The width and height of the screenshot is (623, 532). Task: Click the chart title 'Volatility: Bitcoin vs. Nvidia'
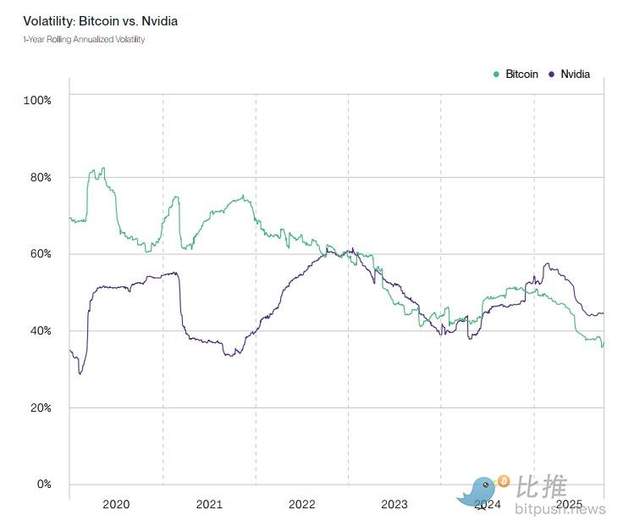(100, 20)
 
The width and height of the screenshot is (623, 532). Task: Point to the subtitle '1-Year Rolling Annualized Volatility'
(84, 40)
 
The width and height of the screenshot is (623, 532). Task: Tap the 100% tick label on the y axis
(37, 100)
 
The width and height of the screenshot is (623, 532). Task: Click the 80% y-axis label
(40, 177)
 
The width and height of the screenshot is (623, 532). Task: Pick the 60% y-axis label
(40, 254)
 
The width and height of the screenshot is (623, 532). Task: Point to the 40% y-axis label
(40, 330)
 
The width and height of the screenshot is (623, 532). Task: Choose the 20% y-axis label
(40, 407)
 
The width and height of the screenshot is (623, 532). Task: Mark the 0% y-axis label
(42, 485)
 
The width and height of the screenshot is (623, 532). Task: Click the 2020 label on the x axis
(116, 505)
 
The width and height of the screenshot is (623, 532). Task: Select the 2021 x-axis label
(209, 505)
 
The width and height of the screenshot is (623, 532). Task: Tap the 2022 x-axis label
(301, 505)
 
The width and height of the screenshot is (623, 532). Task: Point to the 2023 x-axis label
(394, 505)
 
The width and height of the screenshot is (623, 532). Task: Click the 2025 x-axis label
(570, 504)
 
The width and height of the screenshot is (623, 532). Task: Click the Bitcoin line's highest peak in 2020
(102, 168)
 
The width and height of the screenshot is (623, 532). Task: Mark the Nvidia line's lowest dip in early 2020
(80, 374)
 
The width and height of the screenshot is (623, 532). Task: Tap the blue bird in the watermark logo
(478, 491)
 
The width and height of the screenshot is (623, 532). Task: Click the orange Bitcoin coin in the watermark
(504, 481)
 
